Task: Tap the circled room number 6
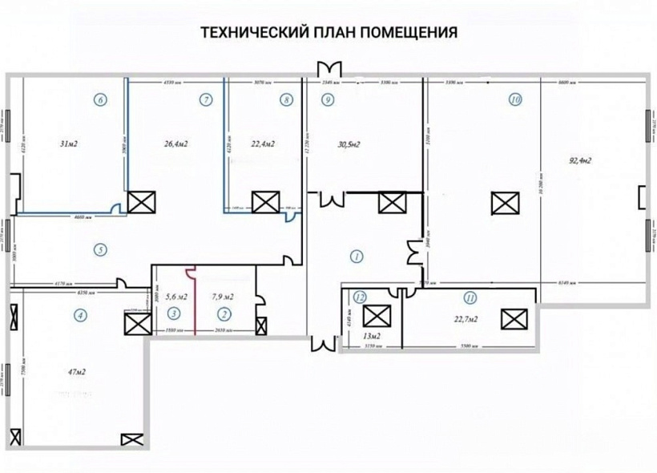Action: (100, 100)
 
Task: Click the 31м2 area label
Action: (70, 144)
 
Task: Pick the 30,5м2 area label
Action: (349, 144)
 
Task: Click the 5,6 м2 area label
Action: (175, 297)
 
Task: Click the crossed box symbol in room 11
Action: (511, 318)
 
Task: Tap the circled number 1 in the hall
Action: (356, 257)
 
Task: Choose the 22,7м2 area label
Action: (465, 319)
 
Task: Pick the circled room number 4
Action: (80, 315)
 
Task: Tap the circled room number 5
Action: (100, 249)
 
